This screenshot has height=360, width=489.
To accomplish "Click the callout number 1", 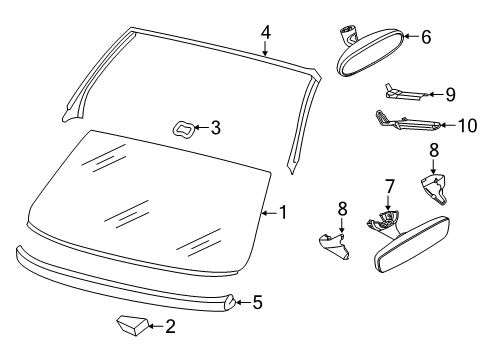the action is pyautogui.click(x=283, y=212).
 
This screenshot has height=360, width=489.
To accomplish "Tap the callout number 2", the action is pyautogui.click(x=170, y=326).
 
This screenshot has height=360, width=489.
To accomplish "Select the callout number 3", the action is pyautogui.click(x=216, y=128).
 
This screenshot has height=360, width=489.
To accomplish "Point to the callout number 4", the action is pyautogui.click(x=266, y=33).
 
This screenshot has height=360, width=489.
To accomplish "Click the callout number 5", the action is pyautogui.click(x=257, y=302).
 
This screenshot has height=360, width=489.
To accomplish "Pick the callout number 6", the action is pyautogui.click(x=426, y=37).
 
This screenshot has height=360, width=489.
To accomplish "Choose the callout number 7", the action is pyautogui.click(x=389, y=186).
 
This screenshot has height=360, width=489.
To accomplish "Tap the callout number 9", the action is pyautogui.click(x=450, y=95).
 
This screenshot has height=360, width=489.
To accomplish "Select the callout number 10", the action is pyautogui.click(x=468, y=126).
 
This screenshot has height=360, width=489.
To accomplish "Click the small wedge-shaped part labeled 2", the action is pyautogui.click(x=132, y=325).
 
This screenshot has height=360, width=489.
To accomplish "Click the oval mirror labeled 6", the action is pyautogui.click(x=371, y=53).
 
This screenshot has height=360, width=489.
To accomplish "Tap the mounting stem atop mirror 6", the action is pyautogui.click(x=347, y=34).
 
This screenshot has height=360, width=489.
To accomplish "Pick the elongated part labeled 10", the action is pyautogui.click(x=408, y=122).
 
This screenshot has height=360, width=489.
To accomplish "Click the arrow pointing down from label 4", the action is pyautogui.click(x=265, y=48).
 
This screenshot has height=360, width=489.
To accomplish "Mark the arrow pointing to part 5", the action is pyautogui.click(x=243, y=302).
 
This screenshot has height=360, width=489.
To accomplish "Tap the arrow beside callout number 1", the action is pyautogui.click(x=269, y=213).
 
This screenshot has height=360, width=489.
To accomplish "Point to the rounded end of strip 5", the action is pyautogui.click(x=230, y=302).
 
